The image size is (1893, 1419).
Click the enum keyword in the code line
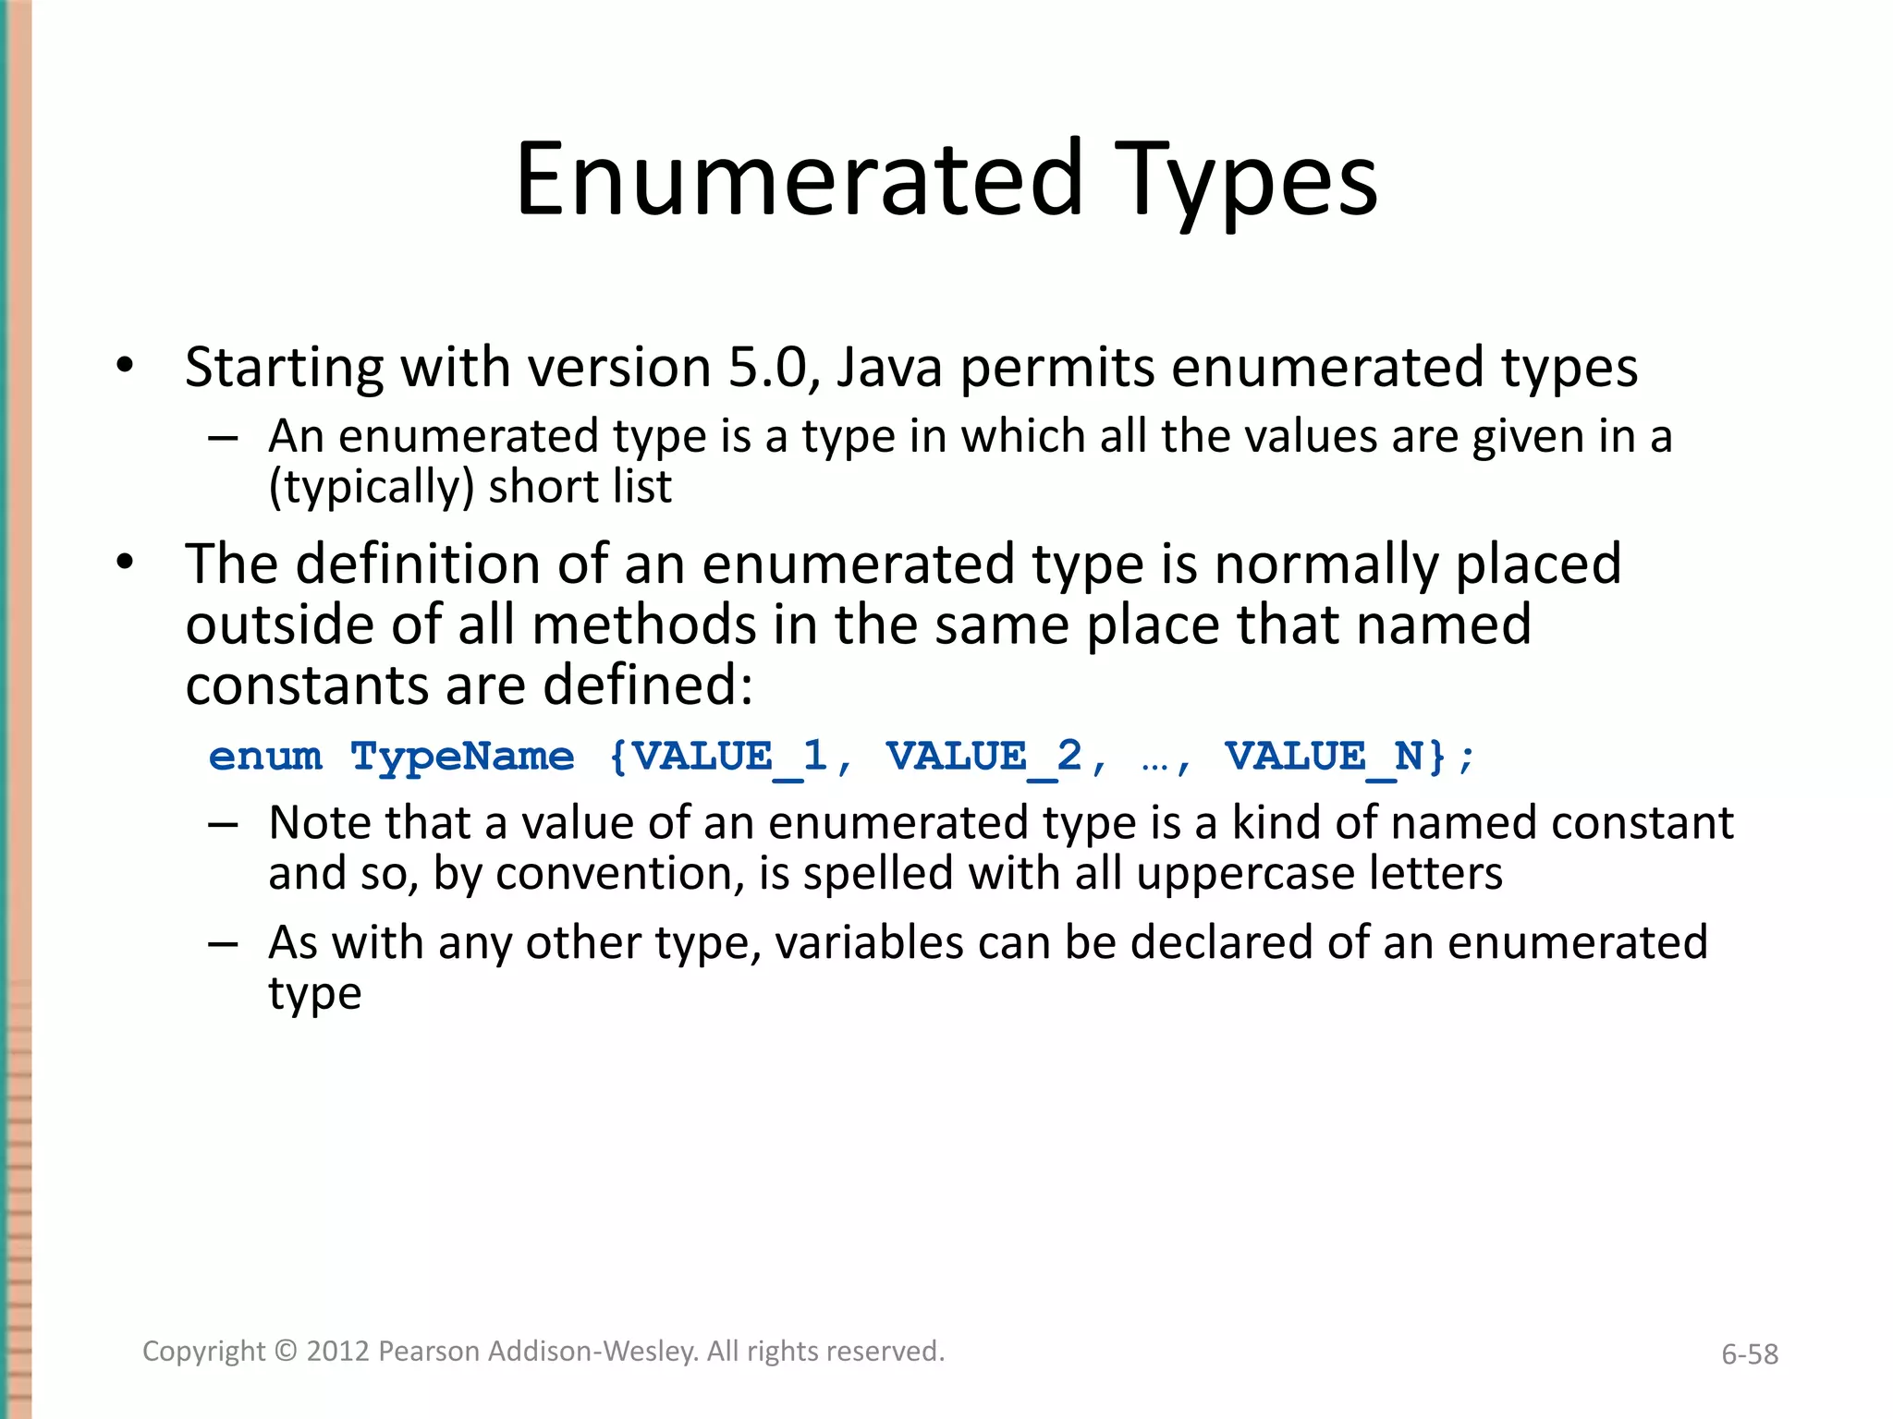[x=265, y=757]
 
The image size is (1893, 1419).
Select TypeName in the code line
[x=462, y=757]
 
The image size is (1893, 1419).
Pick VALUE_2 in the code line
[x=983, y=757]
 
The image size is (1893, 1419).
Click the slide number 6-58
[x=1749, y=1354]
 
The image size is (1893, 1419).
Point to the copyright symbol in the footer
[x=287, y=1351]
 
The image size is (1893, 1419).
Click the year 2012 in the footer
[x=338, y=1351]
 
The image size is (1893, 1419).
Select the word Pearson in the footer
[x=429, y=1351]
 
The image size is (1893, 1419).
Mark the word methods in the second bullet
[x=645, y=625]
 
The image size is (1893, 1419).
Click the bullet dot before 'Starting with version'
[x=125, y=366]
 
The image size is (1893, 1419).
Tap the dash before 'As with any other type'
[x=224, y=944]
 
